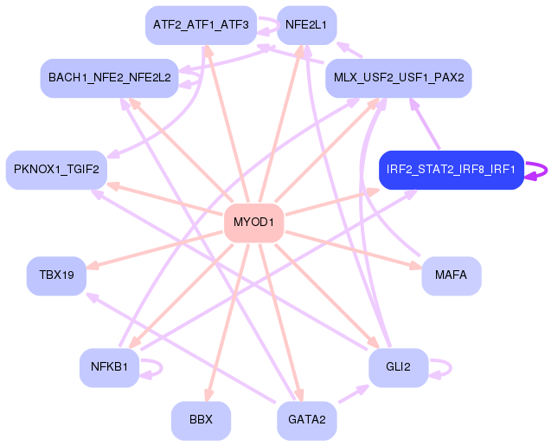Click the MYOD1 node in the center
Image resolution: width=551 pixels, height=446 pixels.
253,223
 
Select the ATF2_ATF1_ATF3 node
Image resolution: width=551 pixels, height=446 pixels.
201,25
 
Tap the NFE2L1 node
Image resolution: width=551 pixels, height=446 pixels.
306,25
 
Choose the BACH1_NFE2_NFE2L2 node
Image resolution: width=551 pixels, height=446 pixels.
110,78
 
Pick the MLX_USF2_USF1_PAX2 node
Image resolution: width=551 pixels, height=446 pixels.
398,78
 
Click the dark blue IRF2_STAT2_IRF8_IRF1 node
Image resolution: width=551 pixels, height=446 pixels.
451,170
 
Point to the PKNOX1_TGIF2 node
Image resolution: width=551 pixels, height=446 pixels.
56,170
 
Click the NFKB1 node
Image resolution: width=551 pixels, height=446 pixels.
109,367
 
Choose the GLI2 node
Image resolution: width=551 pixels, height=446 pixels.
398,367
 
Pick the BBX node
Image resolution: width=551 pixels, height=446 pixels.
201,420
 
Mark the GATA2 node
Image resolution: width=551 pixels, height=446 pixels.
306,420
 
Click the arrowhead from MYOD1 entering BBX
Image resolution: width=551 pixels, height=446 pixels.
206,395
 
